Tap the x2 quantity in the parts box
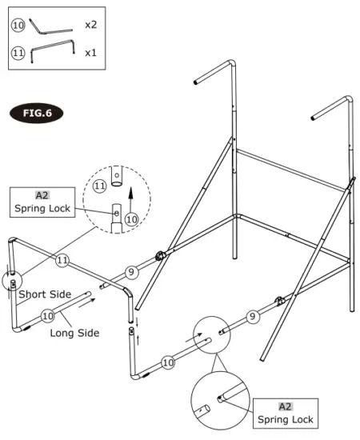coord(91,25)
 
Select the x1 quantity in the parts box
coord(91,53)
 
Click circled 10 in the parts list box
coord(18,25)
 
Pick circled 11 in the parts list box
coord(18,53)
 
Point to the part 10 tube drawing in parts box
coord(53,26)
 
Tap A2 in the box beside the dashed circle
coord(42,195)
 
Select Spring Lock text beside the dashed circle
coord(42,209)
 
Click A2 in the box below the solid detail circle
coord(286,406)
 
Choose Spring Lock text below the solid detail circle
coord(286,419)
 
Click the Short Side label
coord(44,294)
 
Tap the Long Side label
coord(74,332)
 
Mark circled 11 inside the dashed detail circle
coord(100,186)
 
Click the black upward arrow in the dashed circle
coord(129,194)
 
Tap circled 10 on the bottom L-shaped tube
coord(168,362)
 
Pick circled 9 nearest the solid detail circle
coord(253,316)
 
